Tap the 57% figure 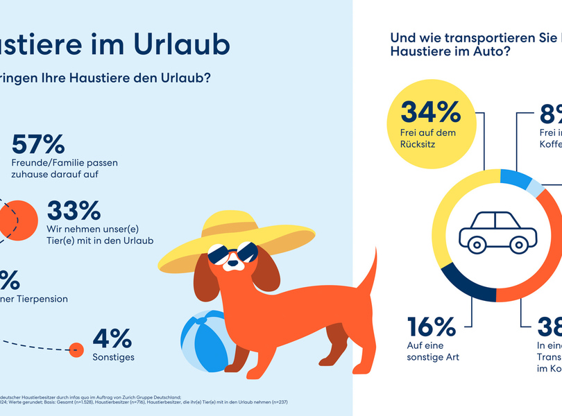pos(38,144)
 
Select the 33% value pos(74,211)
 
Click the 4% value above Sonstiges pos(112,338)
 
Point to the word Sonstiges pos(113,358)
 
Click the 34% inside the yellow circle pos(430,112)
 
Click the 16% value pos(431,327)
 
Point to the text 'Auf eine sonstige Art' pos(433,351)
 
